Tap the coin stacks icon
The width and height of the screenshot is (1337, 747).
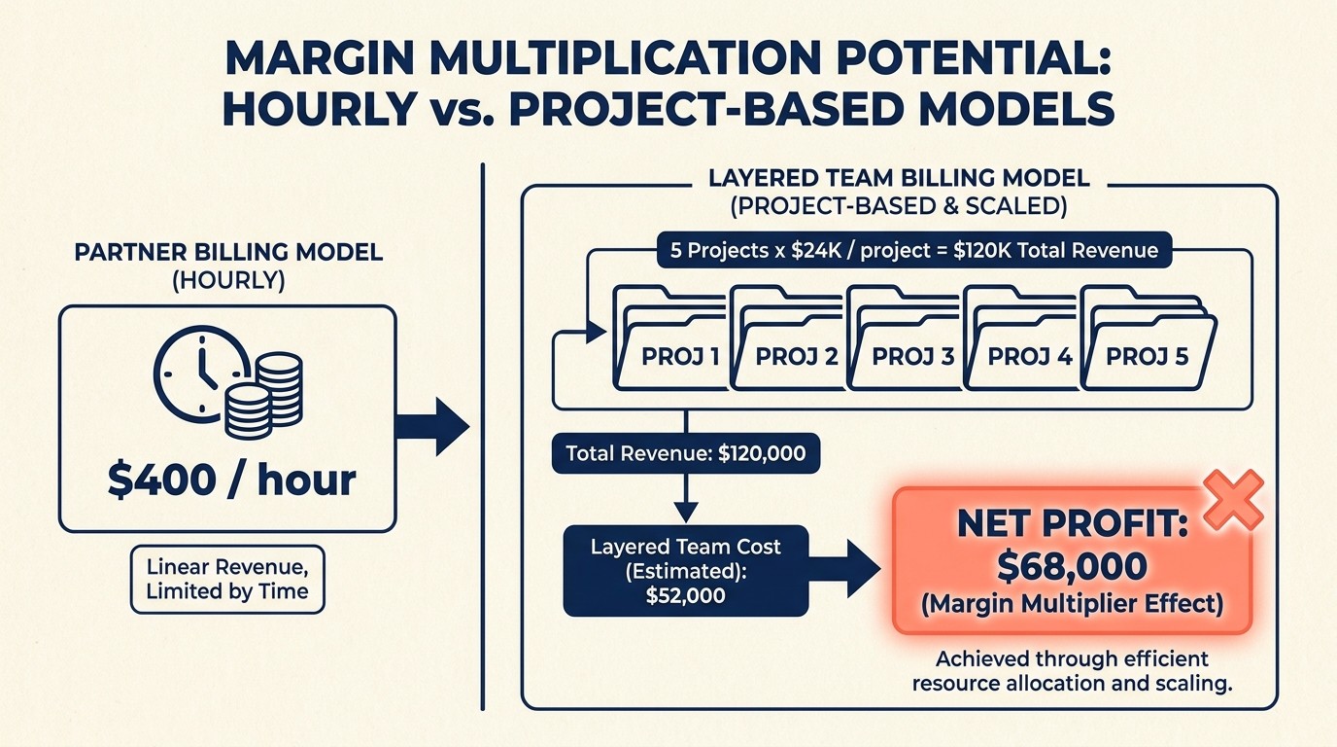coord(263,397)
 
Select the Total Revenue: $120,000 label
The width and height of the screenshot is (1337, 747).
coord(685,453)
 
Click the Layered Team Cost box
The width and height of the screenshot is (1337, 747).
coord(685,571)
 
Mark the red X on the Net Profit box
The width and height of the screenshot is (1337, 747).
coord(1232,500)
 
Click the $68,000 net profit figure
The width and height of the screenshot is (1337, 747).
coord(1071,567)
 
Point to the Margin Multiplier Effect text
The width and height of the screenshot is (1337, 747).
coord(1071,604)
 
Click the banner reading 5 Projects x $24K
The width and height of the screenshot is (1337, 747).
coord(913,250)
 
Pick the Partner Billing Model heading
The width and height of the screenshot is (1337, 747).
coord(228,252)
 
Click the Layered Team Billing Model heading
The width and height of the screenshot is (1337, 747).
coord(899,178)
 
